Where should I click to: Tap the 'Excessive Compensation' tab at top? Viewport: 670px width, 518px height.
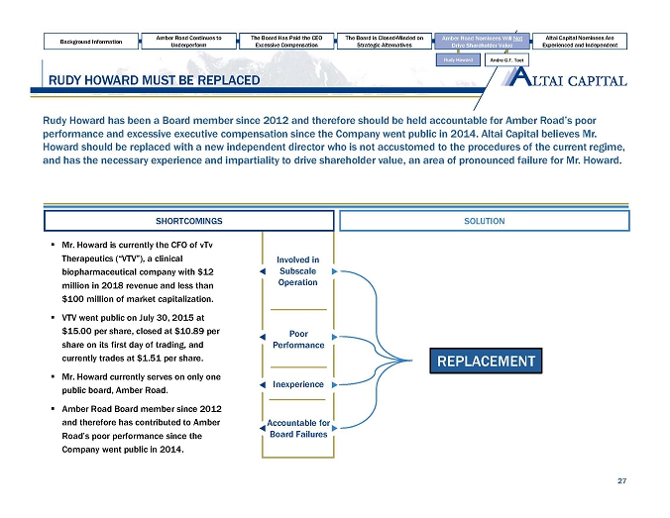286,42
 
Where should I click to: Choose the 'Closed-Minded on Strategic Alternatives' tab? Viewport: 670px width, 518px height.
384,42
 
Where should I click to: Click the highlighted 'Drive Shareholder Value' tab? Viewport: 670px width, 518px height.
481,42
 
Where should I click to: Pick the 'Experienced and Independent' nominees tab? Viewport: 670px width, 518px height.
579,42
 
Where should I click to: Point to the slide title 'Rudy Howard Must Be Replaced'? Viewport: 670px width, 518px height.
148,79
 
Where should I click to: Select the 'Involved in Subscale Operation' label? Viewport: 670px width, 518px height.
297,270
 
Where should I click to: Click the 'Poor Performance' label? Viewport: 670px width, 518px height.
297,339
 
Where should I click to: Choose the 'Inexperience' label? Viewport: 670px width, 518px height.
297,383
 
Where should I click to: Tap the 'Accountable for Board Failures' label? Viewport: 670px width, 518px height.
297,429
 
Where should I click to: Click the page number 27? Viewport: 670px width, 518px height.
621,481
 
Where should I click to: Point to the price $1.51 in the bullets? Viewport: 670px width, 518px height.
176,358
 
